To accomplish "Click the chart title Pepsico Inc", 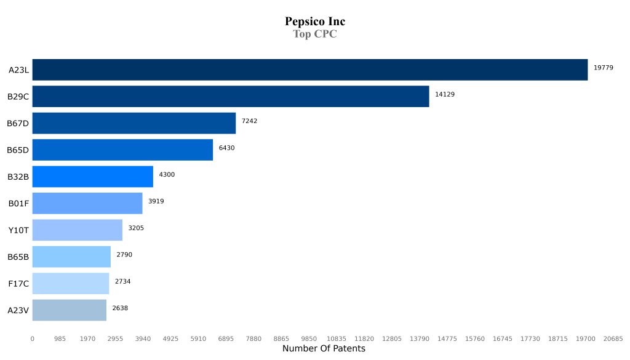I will click(315, 22).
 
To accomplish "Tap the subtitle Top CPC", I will click(315, 34).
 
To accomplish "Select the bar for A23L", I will click(310, 70).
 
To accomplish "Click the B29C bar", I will click(231, 97).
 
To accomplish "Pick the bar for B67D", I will click(134, 123).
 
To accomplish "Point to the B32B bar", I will click(93, 177).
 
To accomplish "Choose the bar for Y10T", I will click(78, 230).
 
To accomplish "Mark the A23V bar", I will click(70, 310).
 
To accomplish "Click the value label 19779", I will click(603, 68).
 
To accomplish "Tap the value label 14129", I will click(445, 94).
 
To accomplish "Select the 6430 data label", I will click(226, 148).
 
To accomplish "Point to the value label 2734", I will click(122, 281).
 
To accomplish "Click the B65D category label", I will click(18, 150).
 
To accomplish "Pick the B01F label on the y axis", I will click(18, 204).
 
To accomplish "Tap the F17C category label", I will click(18, 284).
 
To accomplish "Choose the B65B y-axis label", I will click(18, 257).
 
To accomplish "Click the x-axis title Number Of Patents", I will click(324, 349).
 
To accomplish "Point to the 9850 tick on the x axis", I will click(309, 338).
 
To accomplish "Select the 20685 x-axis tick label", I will click(613, 338).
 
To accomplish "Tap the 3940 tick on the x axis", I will click(143, 338).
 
